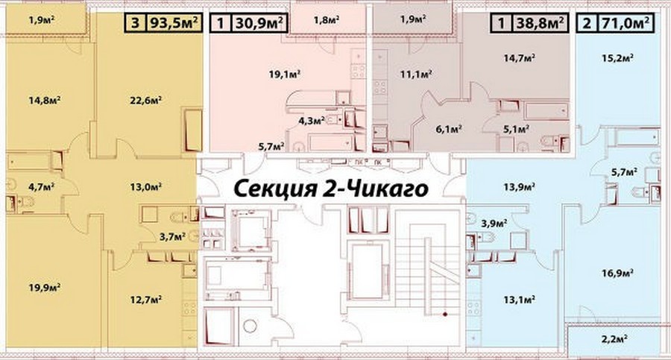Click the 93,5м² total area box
174,22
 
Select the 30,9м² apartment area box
259,22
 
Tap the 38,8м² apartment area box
540,22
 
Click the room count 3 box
135,22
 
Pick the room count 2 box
587,22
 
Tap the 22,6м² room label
145,100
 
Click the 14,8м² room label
45,100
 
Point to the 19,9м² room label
45,287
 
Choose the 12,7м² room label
146,299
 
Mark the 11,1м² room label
416,74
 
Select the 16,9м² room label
617,273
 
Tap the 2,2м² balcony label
614,339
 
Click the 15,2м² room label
617,58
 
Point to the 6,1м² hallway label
449,128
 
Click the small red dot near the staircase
445,315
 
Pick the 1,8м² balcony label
327,19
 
